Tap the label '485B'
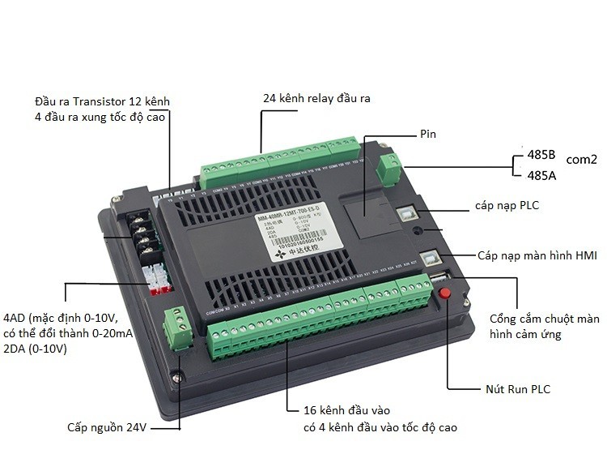pyautogui.click(x=541, y=153)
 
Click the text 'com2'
pyautogui.click(x=581, y=160)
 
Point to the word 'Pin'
pyautogui.click(x=428, y=134)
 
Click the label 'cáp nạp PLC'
pyautogui.click(x=507, y=206)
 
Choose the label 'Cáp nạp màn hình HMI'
pyautogui.click(x=537, y=255)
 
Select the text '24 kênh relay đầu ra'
pyautogui.click(x=316, y=98)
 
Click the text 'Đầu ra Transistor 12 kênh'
pyautogui.click(x=103, y=101)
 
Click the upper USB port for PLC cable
pyautogui.click(x=406, y=212)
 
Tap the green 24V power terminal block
pyautogui.click(x=177, y=327)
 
